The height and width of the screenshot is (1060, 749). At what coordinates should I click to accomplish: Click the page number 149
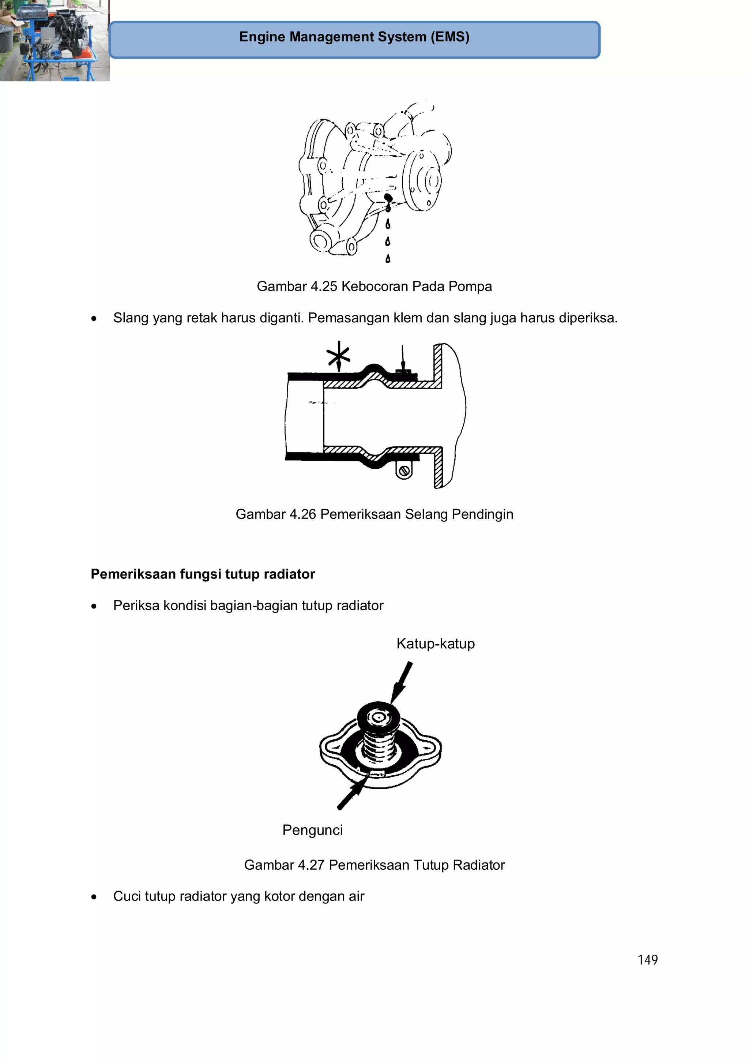tap(647, 960)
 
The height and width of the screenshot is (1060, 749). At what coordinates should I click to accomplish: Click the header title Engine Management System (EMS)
tap(354, 37)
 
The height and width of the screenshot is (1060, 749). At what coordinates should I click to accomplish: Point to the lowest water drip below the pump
tap(388, 259)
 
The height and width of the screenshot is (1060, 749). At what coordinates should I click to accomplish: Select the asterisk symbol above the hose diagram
tap(338, 355)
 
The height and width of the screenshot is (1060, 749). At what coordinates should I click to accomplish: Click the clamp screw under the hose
tap(404, 471)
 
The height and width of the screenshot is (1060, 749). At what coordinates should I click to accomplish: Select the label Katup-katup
tap(435, 644)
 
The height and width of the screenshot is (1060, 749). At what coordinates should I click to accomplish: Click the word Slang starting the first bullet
tap(131, 318)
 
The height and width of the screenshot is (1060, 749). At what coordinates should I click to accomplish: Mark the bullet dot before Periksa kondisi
tap(94, 606)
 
